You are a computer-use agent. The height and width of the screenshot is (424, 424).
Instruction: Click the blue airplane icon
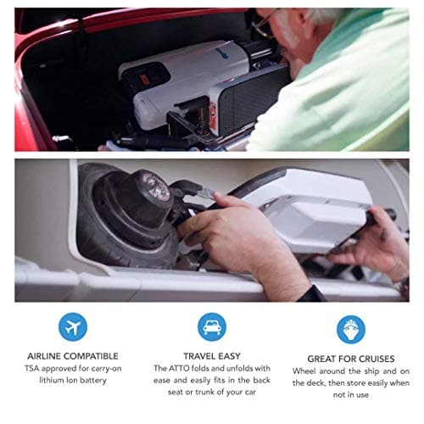click(73, 327)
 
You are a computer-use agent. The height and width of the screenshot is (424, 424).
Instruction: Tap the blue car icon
click(211, 327)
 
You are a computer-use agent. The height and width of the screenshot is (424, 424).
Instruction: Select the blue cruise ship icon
click(350, 328)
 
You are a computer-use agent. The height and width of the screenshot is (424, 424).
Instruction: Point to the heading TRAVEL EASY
click(211, 356)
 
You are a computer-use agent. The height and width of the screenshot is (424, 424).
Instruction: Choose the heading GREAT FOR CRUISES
click(349, 357)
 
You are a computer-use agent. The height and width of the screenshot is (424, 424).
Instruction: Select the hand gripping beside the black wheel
click(212, 225)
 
